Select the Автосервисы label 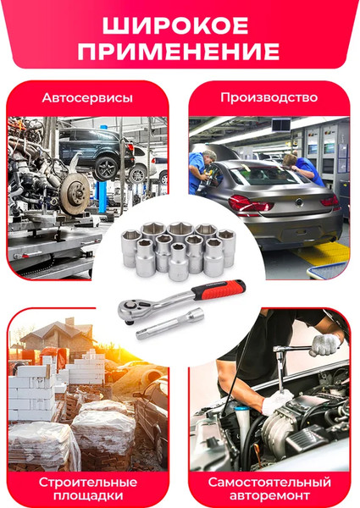point(87,98)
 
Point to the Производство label point(269,97)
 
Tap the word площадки point(86,495)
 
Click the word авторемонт point(269,495)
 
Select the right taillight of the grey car point(329,202)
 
